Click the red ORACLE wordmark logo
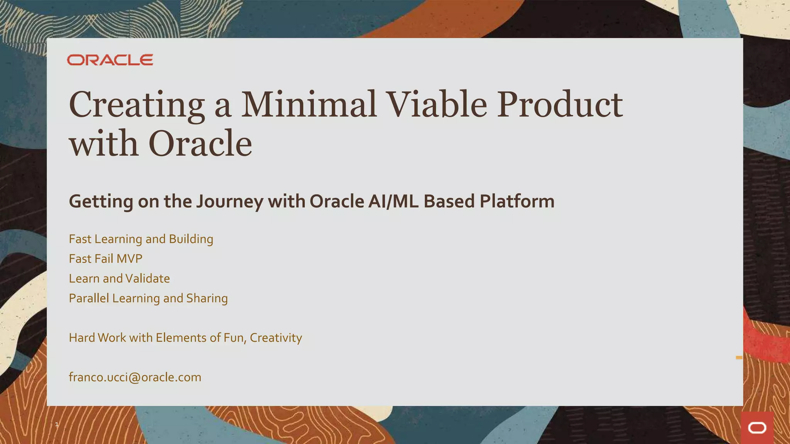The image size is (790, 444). pos(110,60)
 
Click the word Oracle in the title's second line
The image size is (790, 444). pos(200,143)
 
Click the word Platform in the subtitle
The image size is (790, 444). pos(517,201)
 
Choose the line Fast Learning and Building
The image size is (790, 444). pos(141,239)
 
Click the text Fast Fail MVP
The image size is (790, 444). pos(106,259)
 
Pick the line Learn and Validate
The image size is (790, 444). pos(119,278)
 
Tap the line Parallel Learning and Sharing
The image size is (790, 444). pos(148,299)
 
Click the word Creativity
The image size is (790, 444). pos(276,338)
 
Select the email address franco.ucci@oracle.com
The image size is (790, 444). pos(135,377)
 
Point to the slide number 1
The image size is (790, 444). pos(57,424)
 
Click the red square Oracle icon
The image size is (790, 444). pos(757,428)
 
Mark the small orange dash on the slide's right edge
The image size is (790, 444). pos(739,358)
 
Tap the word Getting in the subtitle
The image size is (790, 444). pos(101,202)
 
